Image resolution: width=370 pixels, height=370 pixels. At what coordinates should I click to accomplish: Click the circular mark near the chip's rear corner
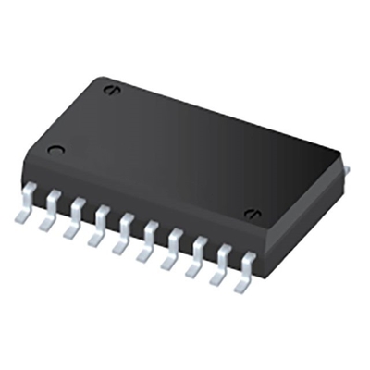(111, 90)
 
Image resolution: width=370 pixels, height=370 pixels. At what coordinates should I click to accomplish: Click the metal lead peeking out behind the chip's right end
(346, 172)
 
